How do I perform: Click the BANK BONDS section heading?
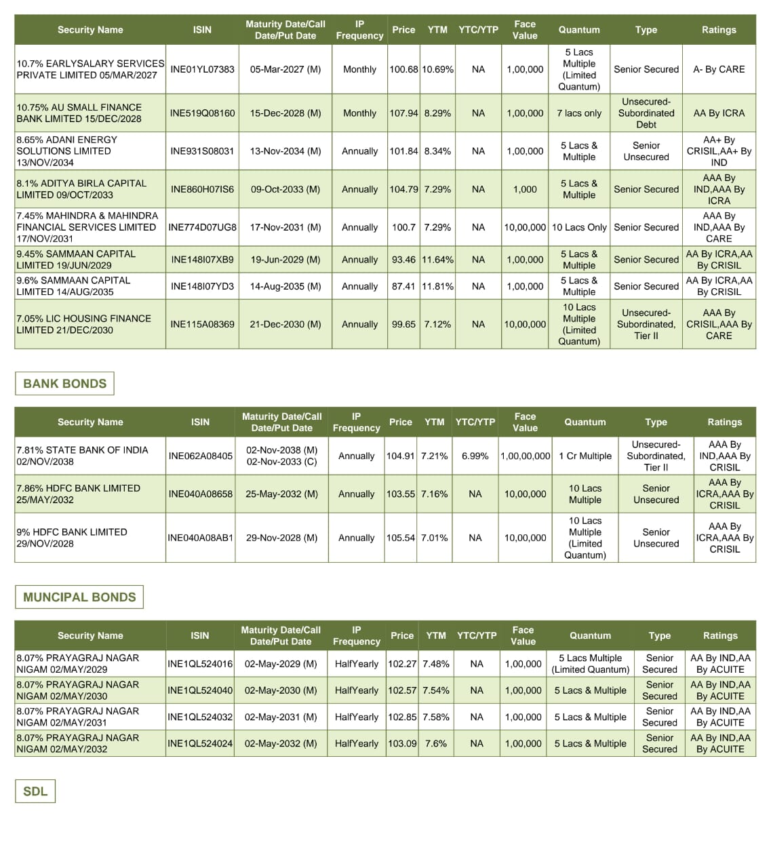pyautogui.click(x=64, y=383)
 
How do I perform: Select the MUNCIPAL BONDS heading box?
pyautogui.click(x=79, y=597)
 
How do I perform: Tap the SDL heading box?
pyautogui.click(x=35, y=791)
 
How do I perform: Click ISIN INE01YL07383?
pyautogui.click(x=202, y=69)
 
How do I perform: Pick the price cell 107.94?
pyautogui.click(x=403, y=113)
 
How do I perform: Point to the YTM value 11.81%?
pyautogui.click(x=437, y=286)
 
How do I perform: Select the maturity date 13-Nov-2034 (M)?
pyautogui.click(x=285, y=151)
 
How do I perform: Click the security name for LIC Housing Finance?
pyautogui.click(x=83, y=324)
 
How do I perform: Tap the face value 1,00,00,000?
pyautogui.click(x=525, y=456)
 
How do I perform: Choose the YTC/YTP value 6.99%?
pyautogui.click(x=475, y=456)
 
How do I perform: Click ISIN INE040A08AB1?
pyautogui.click(x=200, y=538)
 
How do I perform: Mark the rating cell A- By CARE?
pyautogui.click(x=719, y=69)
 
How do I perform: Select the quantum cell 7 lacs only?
pyautogui.click(x=579, y=113)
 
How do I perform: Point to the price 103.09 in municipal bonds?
pyautogui.click(x=401, y=743)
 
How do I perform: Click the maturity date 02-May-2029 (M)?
pyautogui.click(x=281, y=664)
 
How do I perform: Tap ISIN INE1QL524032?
pyautogui.click(x=200, y=717)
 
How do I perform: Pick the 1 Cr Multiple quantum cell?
pyautogui.click(x=585, y=456)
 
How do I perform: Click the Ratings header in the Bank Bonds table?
pyautogui.click(x=724, y=422)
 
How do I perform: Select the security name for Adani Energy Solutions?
pyautogui.click(x=66, y=151)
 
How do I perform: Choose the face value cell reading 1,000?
pyautogui.click(x=525, y=189)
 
